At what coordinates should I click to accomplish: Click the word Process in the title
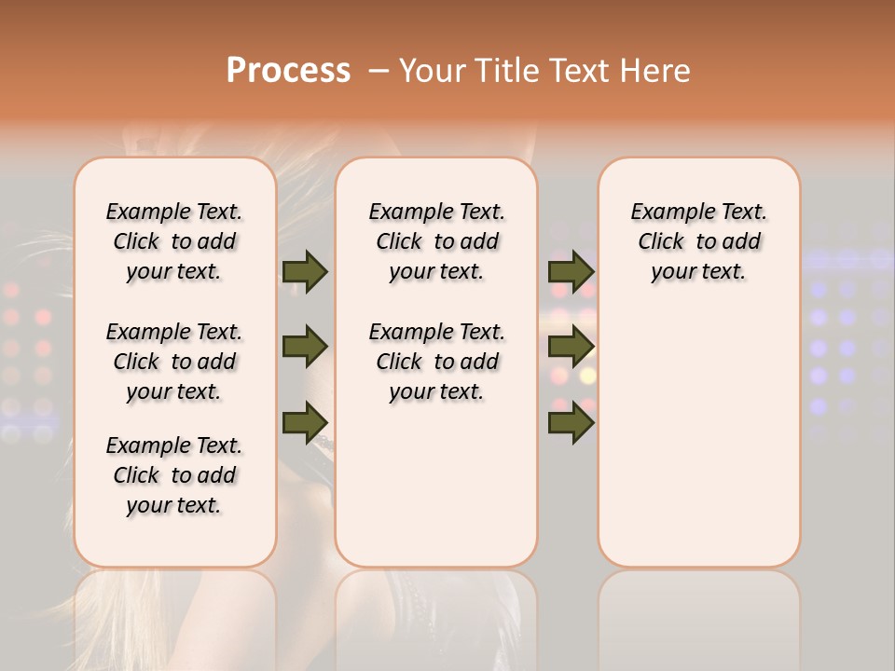click(288, 71)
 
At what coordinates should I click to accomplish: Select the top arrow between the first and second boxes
click(305, 272)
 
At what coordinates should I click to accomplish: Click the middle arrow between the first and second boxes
click(305, 347)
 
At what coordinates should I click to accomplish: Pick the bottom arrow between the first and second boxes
click(305, 421)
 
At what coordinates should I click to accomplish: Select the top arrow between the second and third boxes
click(571, 272)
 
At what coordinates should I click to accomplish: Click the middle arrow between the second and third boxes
click(571, 347)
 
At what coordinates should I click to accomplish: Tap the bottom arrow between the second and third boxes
click(571, 421)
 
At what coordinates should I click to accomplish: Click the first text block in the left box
click(174, 241)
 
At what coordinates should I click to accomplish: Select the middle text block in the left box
click(174, 362)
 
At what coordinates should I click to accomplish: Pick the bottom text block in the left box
click(174, 475)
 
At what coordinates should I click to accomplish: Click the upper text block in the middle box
click(436, 241)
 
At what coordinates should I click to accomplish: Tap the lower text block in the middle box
click(436, 362)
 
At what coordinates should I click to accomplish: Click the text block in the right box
click(698, 241)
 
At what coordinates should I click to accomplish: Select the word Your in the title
click(433, 71)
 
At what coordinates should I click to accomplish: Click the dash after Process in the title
click(379, 71)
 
